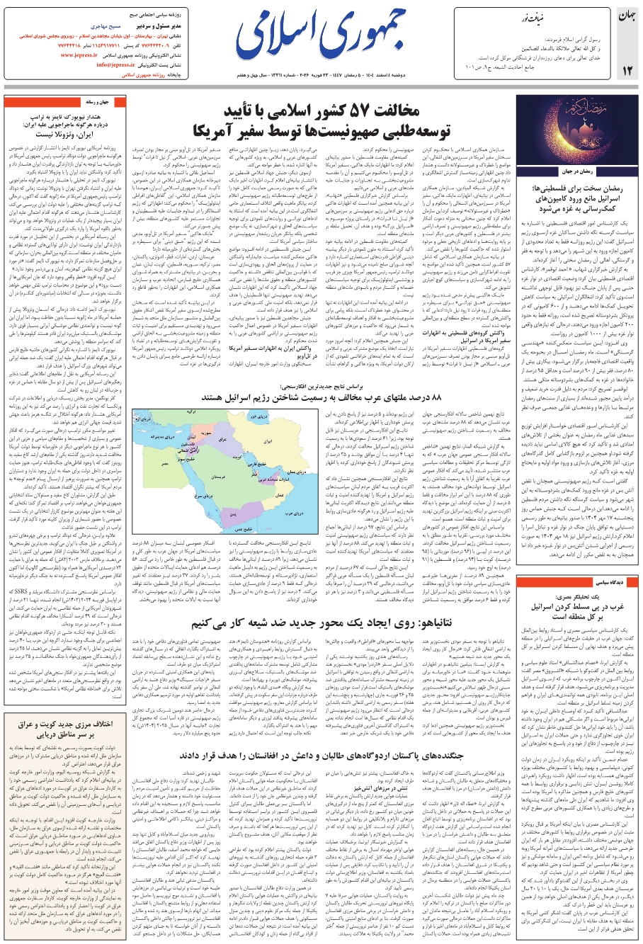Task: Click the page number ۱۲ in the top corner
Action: pyautogui.click(x=627, y=69)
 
